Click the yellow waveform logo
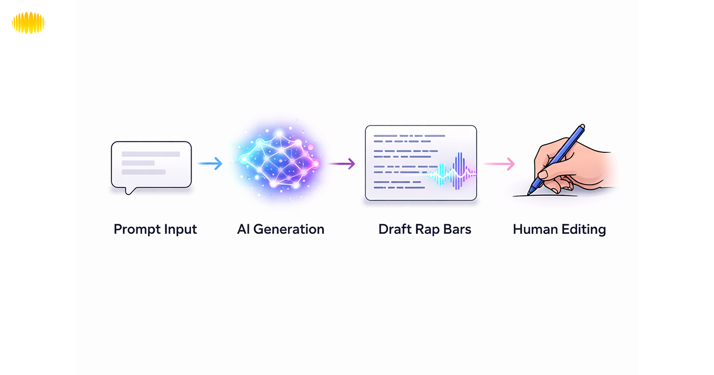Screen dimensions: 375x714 click(28, 23)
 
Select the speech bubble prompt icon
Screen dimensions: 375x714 click(151, 164)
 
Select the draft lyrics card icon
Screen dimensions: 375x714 click(421, 162)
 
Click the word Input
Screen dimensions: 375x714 click(181, 229)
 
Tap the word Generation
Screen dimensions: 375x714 click(289, 229)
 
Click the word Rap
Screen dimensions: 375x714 click(428, 229)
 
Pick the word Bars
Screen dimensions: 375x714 click(457, 229)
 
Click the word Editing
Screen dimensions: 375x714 click(584, 229)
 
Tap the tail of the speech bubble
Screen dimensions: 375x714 click(127, 191)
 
